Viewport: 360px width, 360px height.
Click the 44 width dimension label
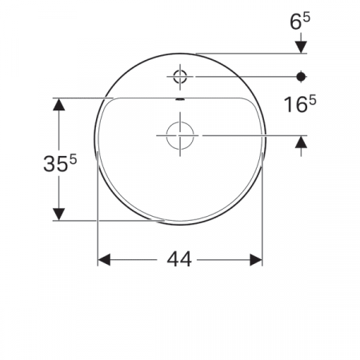tap(179, 261)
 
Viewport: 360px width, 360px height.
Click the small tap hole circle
tap(179, 77)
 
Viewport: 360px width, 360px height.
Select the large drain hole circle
tap(182, 135)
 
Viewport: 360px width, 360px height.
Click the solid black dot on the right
tap(302, 77)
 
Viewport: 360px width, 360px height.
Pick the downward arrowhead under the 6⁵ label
tap(302, 46)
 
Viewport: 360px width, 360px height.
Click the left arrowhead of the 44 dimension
tap(105, 261)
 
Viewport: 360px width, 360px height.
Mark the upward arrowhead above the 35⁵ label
tap(58, 105)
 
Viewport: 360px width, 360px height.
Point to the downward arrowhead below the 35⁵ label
tap(58, 214)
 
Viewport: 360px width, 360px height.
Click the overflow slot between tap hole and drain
tap(179, 100)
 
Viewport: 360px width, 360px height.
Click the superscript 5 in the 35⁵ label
tap(73, 158)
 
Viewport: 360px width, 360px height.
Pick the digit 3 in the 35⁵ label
tap(50, 164)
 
